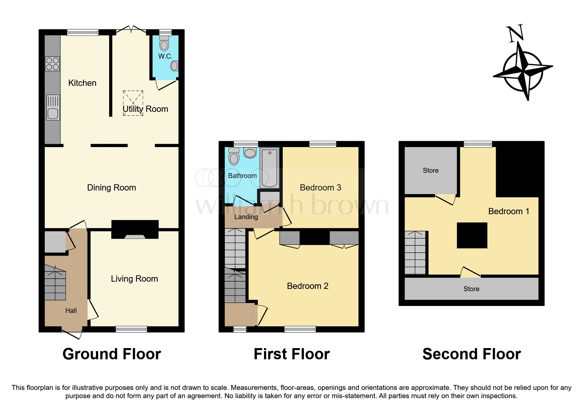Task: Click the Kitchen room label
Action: [82, 83]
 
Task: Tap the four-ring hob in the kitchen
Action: [52, 64]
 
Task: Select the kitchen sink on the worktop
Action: [53, 108]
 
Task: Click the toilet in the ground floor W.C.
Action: [164, 43]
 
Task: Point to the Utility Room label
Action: [145, 109]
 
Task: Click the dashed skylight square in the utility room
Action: [133, 103]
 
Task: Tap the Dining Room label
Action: [112, 188]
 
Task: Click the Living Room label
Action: [134, 279]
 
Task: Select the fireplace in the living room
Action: [135, 229]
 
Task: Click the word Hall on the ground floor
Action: [71, 311]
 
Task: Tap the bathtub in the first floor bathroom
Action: [270, 167]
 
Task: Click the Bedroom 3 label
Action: [320, 188]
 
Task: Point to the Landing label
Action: [246, 217]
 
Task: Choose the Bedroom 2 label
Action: [307, 286]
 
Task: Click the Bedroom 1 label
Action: [509, 211]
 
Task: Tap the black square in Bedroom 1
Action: [472, 236]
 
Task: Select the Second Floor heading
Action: [471, 354]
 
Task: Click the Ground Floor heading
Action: [112, 354]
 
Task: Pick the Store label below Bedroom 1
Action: [471, 289]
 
